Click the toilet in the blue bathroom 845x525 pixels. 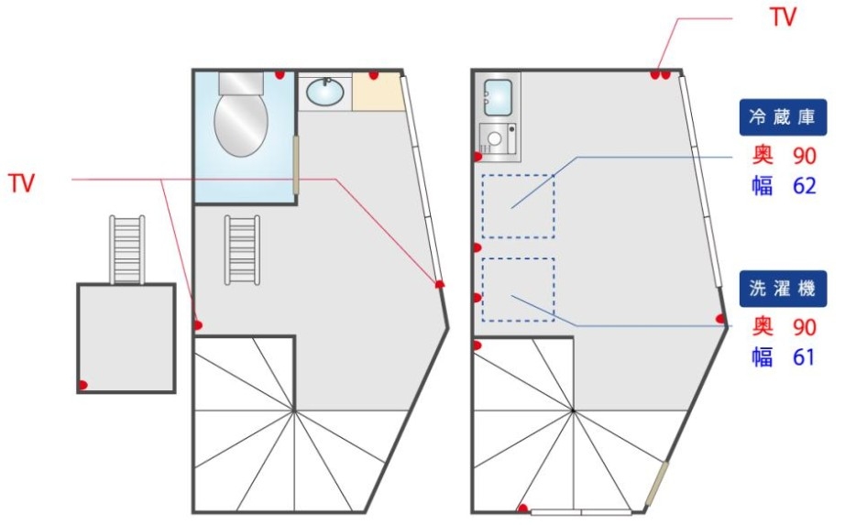[x=240, y=119]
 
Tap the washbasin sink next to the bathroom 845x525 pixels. [x=324, y=92]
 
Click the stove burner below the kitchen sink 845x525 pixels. [x=495, y=140]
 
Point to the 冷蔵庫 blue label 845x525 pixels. [x=783, y=117]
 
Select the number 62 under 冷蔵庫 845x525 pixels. [x=804, y=186]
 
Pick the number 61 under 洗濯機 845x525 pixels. [x=804, y=357]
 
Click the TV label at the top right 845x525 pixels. [x=783, y=16]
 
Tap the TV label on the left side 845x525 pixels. [x=21, y=183]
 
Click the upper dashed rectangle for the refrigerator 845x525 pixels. [x=518, y=206]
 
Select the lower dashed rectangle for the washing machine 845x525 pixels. [x=518, y=290]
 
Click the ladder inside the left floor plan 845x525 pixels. [x=243, y=249]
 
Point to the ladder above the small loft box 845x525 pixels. [x=126, y=249]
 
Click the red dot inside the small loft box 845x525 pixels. [x=82, y=385]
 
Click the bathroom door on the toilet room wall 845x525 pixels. [x=296, y=165]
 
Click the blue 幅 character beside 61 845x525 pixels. [x=763, y=357]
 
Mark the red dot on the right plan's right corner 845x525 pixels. [x=721, y=319]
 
